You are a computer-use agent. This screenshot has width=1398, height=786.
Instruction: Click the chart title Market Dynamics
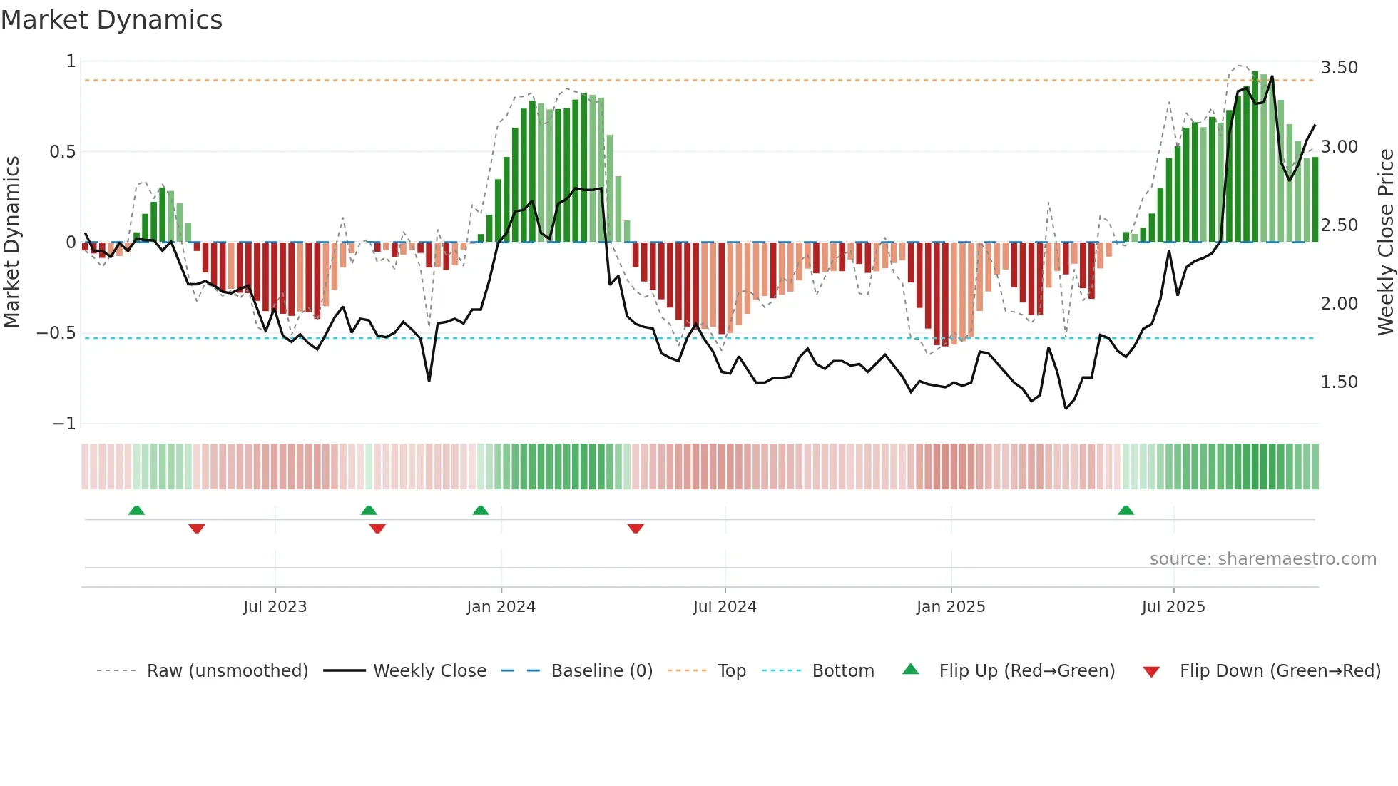pyautogui.click(x=111, y=20)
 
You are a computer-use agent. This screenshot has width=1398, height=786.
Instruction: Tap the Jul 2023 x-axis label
pyautogui.click(x=275, y=607)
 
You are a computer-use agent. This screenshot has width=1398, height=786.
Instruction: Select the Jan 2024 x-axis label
pyautogui.click(x=501, y=607)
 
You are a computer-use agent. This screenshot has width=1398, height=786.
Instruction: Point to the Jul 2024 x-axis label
pyautogui.click(x=725, y=607)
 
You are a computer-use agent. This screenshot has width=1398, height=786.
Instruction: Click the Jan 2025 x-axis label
pyautogui.click(x=951, y=607)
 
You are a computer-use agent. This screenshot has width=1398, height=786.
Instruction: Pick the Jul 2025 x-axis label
pyautogui.click(x=1173, y=607)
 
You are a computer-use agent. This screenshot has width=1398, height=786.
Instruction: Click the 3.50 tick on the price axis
pyautogui.click(x=1339, y=68)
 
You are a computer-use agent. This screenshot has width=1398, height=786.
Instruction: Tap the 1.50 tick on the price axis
pyautogui.click(x=1339, y=382)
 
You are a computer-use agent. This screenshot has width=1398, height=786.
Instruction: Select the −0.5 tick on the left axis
pyautogui.click(x=56, y=333)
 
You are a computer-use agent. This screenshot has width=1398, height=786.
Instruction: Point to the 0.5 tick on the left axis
pyautogui.click(x=62, y=152)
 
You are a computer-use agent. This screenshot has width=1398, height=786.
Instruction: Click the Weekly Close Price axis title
pyautogui.click(x=1385, y=243)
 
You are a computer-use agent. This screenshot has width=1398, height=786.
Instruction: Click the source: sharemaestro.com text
pyautogui.click(x=1262, y=559)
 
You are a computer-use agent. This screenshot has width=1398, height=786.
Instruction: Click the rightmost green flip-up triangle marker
pyautogui.click(x=1126, y=511)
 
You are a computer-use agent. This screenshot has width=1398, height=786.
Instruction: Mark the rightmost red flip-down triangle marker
pyautogui.click(x=636, y=529)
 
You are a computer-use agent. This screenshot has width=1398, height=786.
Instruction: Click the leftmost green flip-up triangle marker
pyautogui.click(x=136, y=511)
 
